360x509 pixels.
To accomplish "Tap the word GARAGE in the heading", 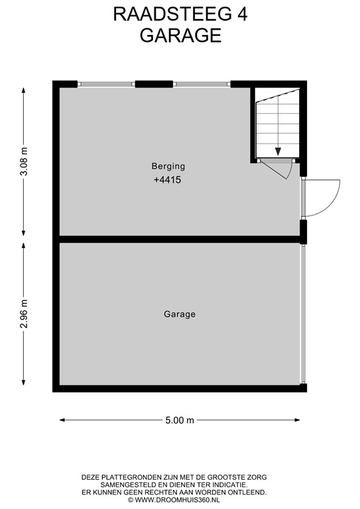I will [180, 35].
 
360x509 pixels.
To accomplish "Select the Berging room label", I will [168, 166].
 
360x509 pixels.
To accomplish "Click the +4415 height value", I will [167, 180].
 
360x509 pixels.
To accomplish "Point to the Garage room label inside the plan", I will [180, 314].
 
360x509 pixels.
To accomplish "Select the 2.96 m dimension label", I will [24, 313].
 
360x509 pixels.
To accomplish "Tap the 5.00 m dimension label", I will [180, 420].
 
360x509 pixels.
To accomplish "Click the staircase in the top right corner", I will [277, 126].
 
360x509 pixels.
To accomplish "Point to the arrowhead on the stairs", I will [278, 152].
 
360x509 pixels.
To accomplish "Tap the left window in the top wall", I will [107, 84].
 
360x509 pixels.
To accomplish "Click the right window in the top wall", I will [202, 84].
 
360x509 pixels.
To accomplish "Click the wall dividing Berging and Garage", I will [179, 239].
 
